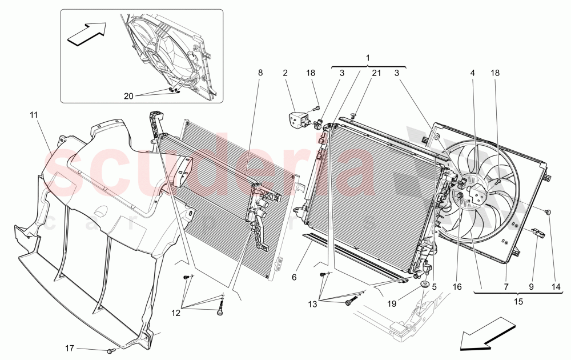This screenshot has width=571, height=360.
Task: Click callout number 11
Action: click(34, 115)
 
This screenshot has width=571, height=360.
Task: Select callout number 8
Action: click(260, 73)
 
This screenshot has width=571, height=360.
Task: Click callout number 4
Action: click(473, 73)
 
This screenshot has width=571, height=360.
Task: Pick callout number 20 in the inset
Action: click(128, 96)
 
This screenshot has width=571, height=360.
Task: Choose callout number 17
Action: click(69, 347)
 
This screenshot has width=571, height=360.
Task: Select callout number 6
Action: click(294, 277)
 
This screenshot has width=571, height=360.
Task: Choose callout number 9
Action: click(530, 288)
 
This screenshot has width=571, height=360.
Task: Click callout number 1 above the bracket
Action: click(368, 58)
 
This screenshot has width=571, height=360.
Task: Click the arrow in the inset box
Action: click(87, 33)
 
